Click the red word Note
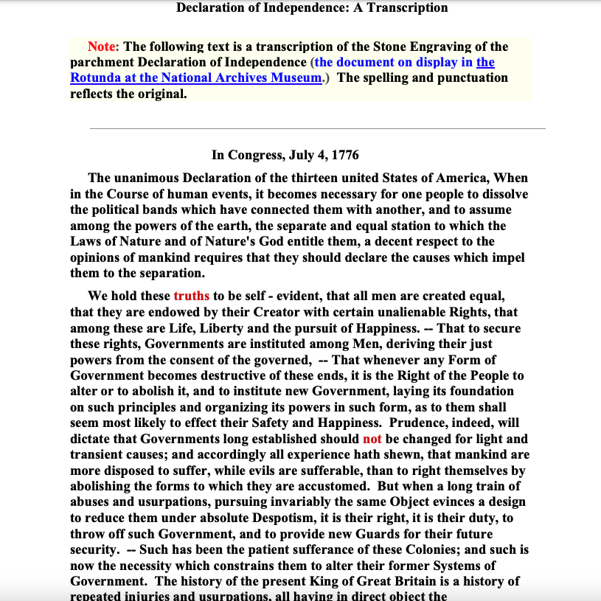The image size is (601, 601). pos(102,46)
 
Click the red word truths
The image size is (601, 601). pos(192,296)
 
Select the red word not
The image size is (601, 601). pos(372,439)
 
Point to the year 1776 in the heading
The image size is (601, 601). pos(345,155)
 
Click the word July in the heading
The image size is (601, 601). pos(302,155)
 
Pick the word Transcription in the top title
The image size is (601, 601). pos(409,8)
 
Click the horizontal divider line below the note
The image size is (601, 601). pos(317,128)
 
